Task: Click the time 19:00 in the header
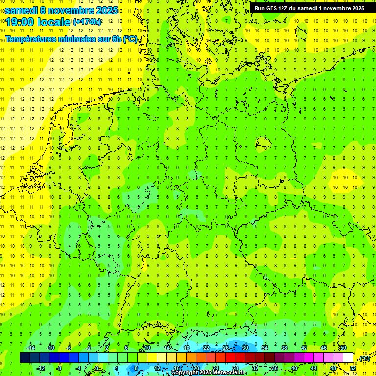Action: coord(22,22)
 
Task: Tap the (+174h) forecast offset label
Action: coord(88,22)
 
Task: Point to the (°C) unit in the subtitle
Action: coord(130,39)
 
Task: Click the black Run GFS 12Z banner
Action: coord(309,8)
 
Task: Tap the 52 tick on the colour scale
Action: coord(353,368)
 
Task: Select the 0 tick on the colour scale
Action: coord(97,368)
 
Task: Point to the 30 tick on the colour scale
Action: coord(245,348)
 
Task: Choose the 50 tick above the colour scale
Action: coord(343,348)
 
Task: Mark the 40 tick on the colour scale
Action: coord(294,368)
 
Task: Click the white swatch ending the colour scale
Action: coord(348,358)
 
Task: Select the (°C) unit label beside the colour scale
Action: coord(364,359)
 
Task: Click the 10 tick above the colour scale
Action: coord(147,348)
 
